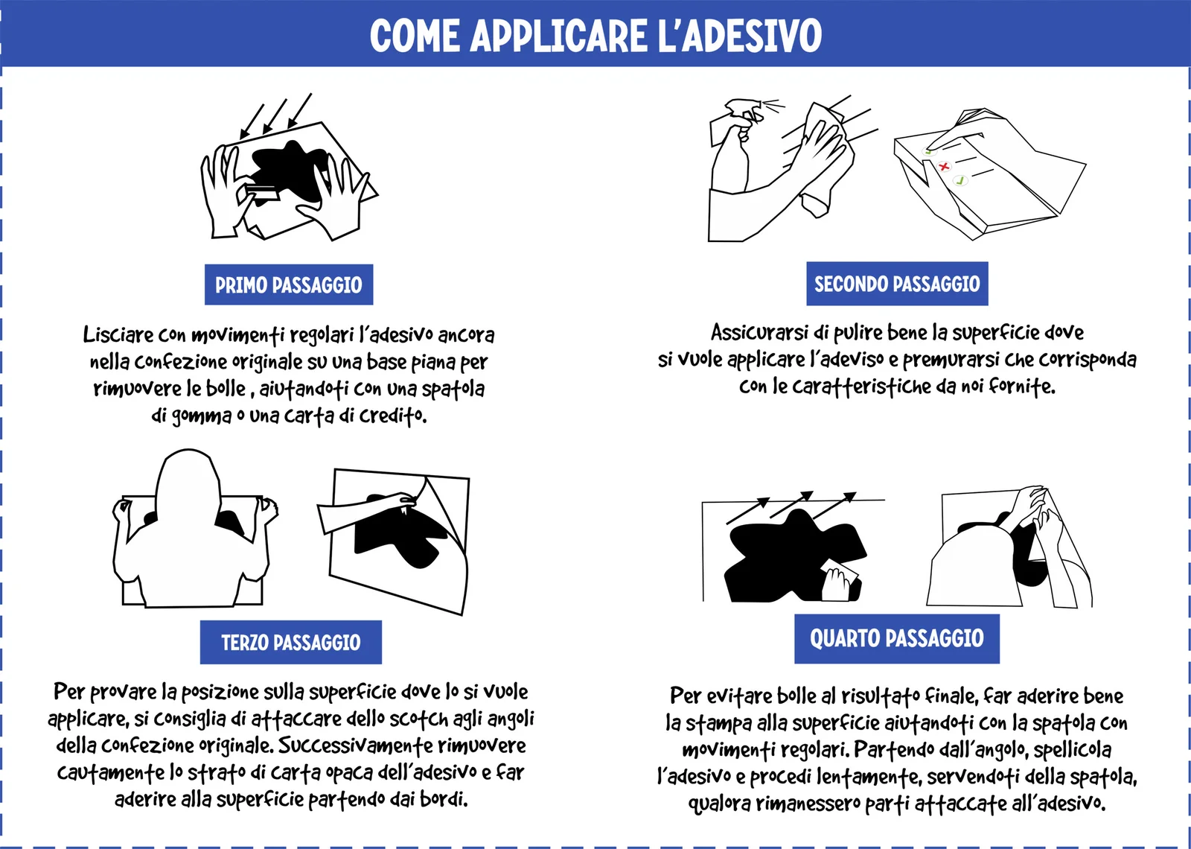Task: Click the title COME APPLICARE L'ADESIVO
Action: tap(595, 36)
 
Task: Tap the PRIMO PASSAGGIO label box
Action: tap(289, 284)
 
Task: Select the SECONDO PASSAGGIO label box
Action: tap(897, 284)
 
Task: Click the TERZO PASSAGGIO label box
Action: tap(290, 642)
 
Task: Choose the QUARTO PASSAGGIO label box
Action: tap(896, 638)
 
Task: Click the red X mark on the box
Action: tap(944, 165)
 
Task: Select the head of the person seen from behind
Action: tap(188, 484)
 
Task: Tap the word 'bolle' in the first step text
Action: tap(226, 389)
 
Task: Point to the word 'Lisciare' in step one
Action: tap(118, 335)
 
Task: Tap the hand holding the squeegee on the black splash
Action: tap(840, 581)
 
